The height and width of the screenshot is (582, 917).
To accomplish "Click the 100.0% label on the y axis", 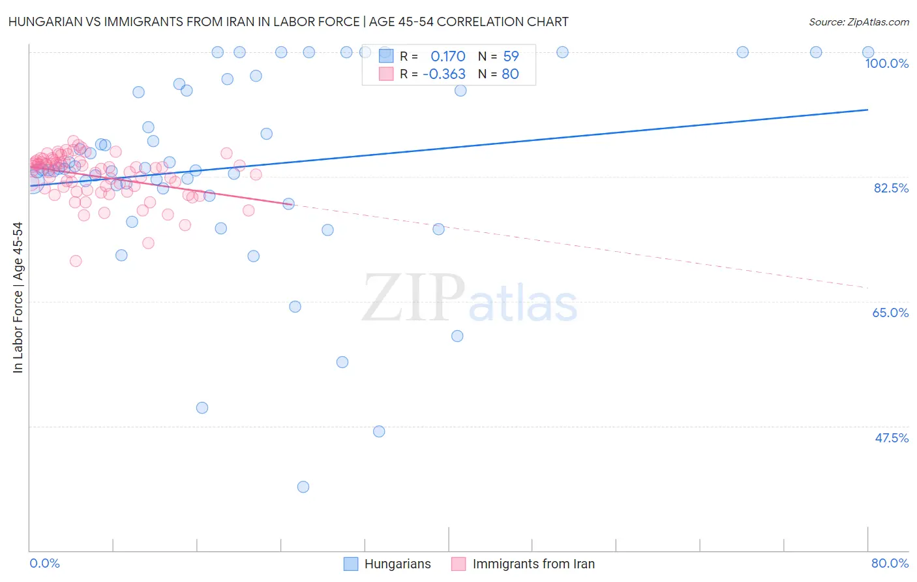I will point(886,63).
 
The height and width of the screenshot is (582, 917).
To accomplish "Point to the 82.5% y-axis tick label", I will point(891,188).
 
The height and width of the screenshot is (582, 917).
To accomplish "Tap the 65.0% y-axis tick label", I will point(890,313).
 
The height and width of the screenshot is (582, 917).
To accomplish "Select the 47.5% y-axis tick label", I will point(891,438).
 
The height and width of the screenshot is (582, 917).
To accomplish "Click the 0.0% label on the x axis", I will point(44,563).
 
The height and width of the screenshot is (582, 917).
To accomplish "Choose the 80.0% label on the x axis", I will point(890,563).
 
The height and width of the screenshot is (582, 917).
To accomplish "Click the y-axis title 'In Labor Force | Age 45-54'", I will point(18,298).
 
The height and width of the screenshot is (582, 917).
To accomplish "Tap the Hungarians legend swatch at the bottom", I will point(351,564).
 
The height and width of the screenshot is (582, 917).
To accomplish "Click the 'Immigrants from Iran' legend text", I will point(534,564).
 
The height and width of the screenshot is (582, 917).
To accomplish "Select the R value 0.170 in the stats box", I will point(447,56).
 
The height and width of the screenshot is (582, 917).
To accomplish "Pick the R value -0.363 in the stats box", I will point(443,74).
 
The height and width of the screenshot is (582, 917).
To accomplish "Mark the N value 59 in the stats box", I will point(511,56).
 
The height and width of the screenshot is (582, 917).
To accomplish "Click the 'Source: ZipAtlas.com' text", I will point(858,22).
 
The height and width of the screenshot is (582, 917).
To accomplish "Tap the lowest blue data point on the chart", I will point(303,487).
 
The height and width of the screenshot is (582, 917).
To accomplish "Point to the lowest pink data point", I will point(76,261).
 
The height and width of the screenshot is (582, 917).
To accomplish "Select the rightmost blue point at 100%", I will point(868,52).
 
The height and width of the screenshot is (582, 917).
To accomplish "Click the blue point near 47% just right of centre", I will point(379,431).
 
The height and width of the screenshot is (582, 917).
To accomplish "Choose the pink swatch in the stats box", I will point(386,74).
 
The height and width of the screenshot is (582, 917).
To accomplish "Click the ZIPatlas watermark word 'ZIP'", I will point(413,298).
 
